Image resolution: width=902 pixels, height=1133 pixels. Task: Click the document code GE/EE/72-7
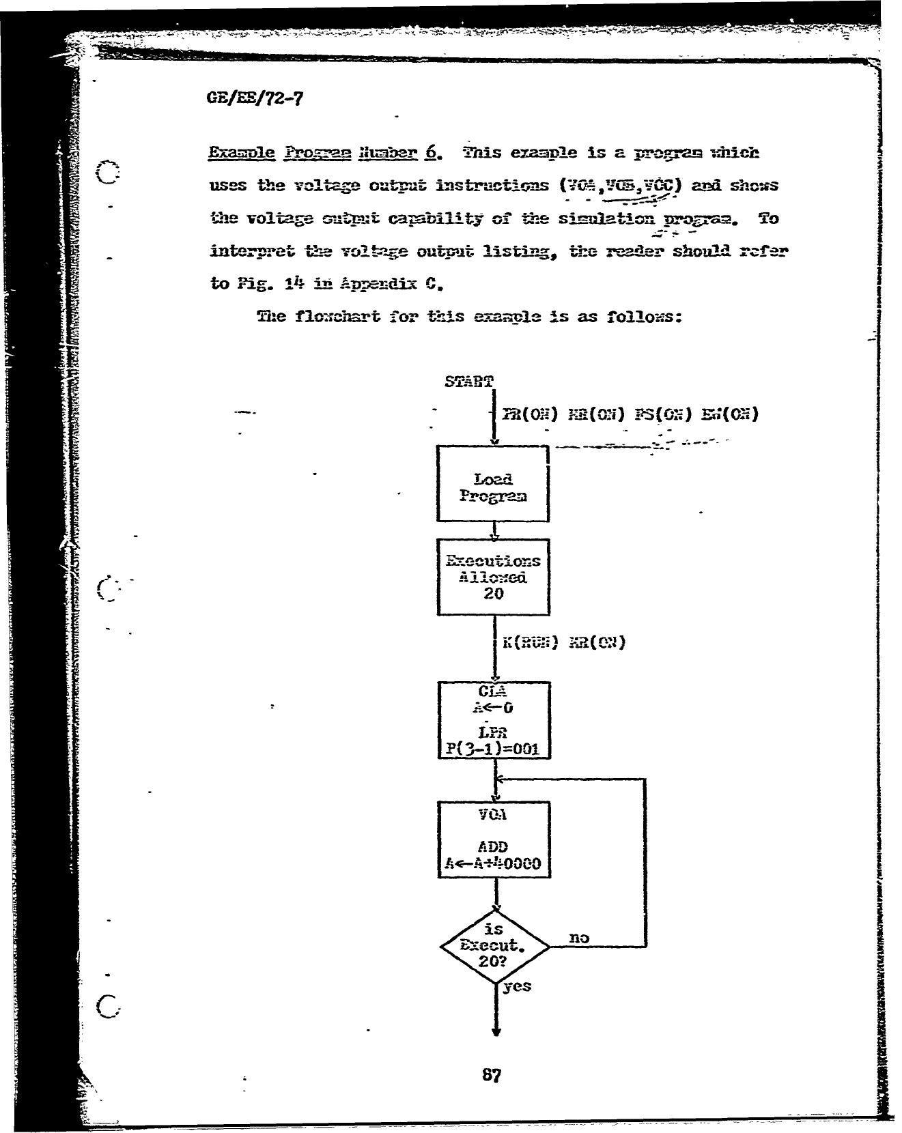click(x=254, y=100)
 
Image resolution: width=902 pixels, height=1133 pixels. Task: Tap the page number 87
click(x=492, y=1075)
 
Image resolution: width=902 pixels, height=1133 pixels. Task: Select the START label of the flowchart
click(x=468, y=382)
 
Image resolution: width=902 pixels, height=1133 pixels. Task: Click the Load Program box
click(x=492, y=484)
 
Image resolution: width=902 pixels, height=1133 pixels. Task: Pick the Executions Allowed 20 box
click(x=493, y=577)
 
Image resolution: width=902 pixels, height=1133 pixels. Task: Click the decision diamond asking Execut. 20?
click(x=495, y=946)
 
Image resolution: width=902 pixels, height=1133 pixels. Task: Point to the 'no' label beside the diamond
click(x=578, y=938)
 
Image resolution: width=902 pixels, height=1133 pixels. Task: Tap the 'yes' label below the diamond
click(x=517, y=986)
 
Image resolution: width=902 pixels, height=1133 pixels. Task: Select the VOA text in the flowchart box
click(x=493, y=814)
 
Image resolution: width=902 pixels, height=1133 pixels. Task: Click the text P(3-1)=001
click(x=492, y=749)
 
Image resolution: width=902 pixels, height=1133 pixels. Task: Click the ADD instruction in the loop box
click(x=493, y=847)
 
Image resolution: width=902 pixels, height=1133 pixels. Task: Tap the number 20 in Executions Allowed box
click(x=493, y=593)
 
